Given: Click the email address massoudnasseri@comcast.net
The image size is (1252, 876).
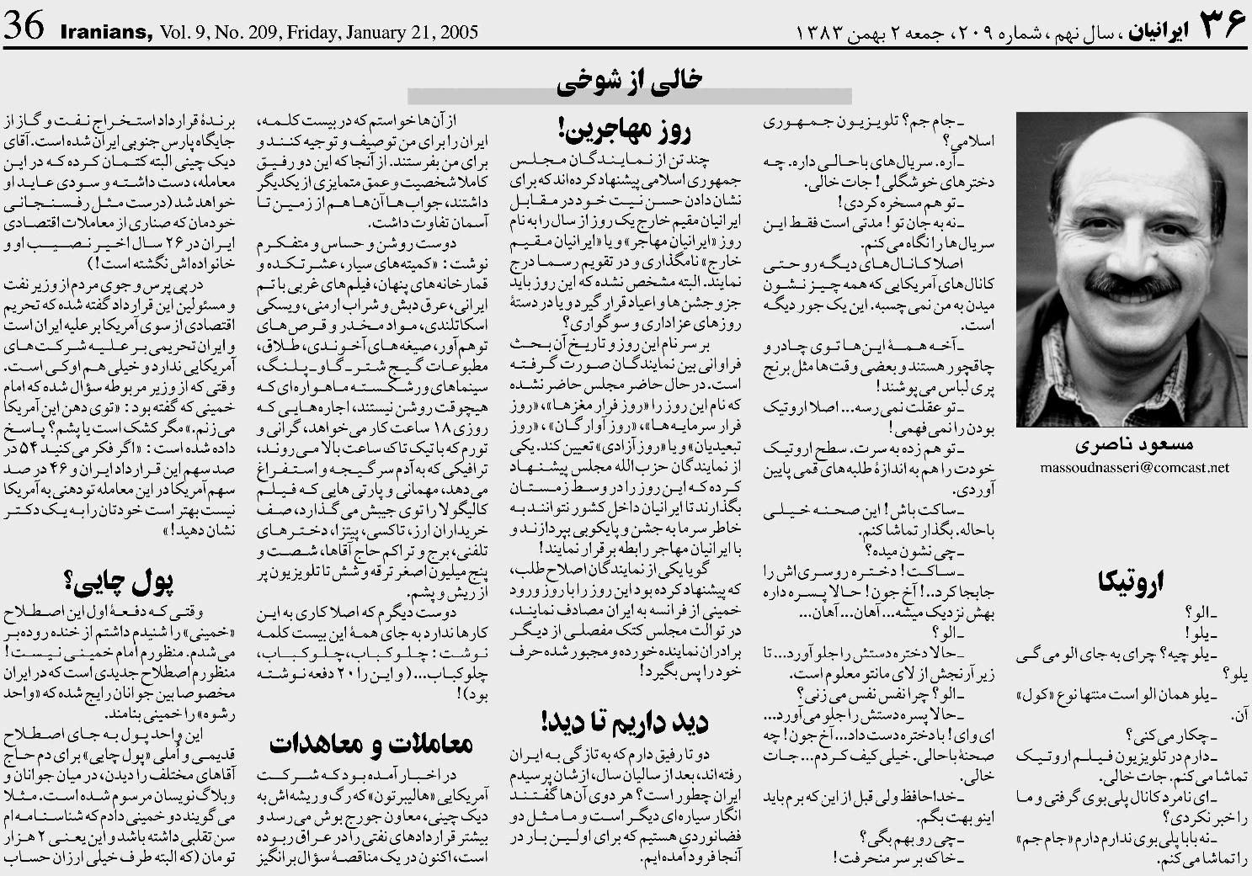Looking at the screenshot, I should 1134,468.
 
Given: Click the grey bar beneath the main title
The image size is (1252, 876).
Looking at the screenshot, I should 629,96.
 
